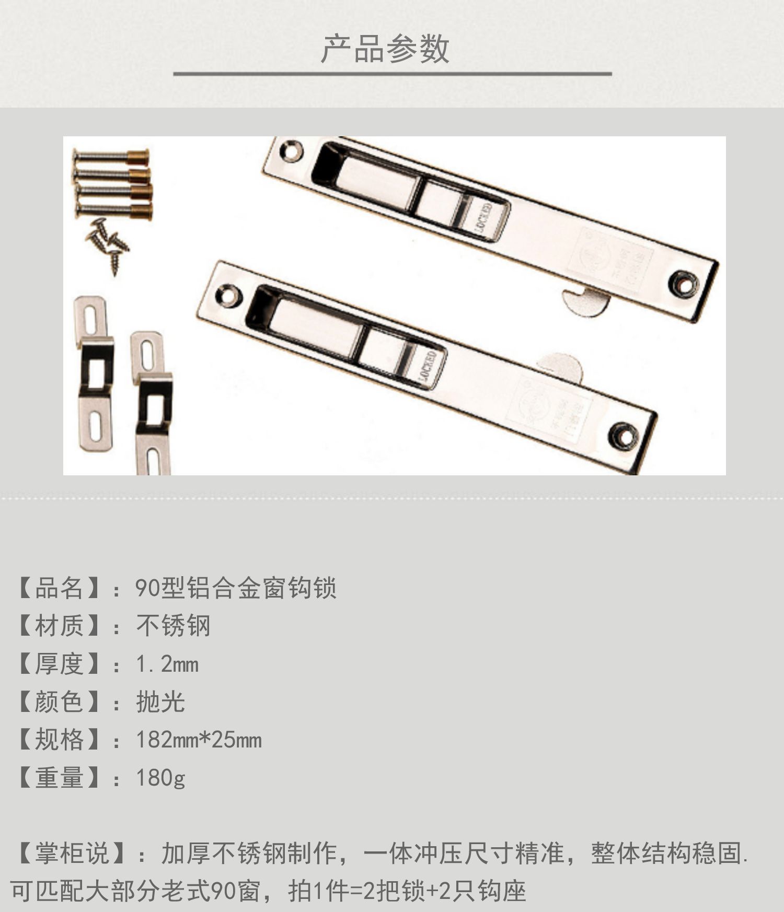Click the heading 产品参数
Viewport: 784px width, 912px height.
click(x=385, y=49)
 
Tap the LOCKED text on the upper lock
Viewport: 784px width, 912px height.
click(x=484, y=218)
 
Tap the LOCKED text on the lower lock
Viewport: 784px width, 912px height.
click(x=428, y=368)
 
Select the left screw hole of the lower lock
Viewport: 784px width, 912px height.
click(x=228, y=295)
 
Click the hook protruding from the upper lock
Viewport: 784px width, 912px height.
click(x=585, y=301)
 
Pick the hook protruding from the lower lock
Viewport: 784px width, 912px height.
click(x=562, y=366)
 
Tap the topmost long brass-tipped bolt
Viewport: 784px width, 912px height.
click(x=111, y=155)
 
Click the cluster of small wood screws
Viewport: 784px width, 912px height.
click(x=107, y=243)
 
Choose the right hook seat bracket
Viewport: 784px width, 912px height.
click(x=152, y=402)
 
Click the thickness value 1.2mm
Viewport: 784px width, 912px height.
click(x=167, y=664)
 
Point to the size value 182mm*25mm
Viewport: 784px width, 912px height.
click(x=199, y=740)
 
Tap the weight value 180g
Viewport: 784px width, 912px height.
click(x=160, y=778)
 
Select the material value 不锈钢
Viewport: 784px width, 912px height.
click(x=173, y=626)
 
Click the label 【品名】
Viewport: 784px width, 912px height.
click(x=59, y=588)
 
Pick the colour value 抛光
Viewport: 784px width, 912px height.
click(x=160, y=702)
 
